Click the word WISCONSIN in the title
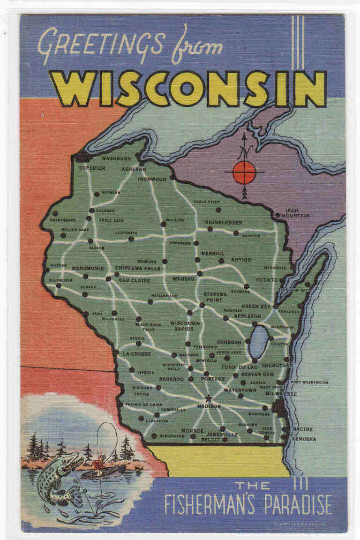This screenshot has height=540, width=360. point(187,89)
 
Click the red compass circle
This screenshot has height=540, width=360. point(244,172)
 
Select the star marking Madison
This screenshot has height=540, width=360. point(209,398)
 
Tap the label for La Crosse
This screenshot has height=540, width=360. point(137,353)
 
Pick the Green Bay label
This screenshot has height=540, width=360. point(256,307)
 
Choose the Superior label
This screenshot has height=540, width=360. point(92,168)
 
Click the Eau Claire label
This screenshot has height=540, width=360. point(135,280)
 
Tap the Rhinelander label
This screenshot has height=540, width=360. point(224,222)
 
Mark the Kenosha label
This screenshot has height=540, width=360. point(304,439)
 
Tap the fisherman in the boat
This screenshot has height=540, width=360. point(98,464)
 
